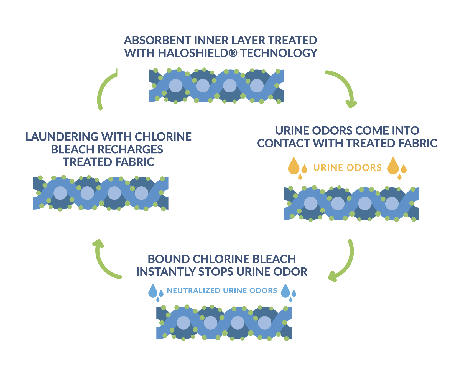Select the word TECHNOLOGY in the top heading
279,53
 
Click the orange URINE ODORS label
347,168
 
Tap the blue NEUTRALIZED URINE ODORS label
222,291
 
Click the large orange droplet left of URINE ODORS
294,167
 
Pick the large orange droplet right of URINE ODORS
393,167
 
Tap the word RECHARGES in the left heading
130,150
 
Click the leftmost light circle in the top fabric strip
176,86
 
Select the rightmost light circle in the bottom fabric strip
264,323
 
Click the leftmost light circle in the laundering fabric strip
60,193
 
